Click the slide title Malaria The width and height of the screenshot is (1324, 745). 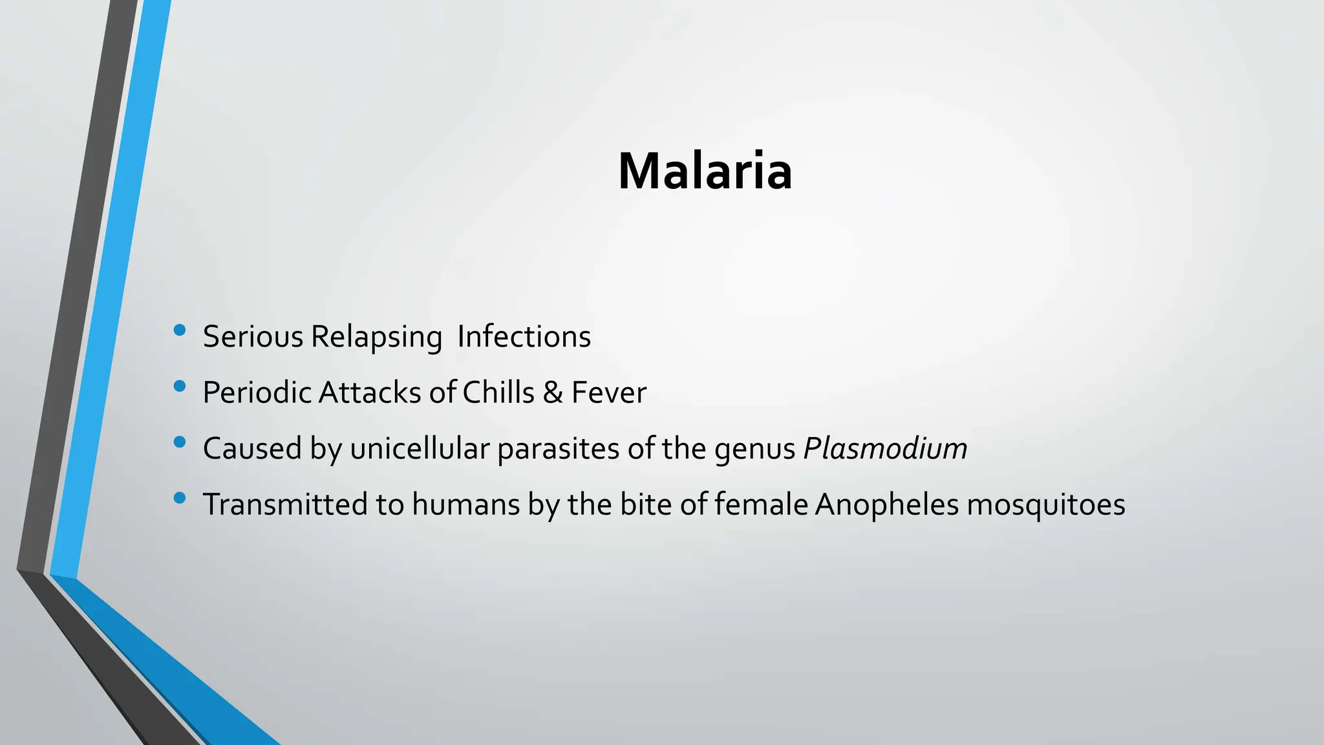[x=705, y=171]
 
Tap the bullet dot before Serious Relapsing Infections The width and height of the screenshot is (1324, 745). [x=180, y=330]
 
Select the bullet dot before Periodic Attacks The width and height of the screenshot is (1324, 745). [x=180, y=387]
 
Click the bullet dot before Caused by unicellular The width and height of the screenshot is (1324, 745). [x=180, y=442]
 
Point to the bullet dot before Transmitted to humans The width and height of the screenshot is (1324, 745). [x=180, y=498]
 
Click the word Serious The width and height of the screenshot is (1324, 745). [x=253, y=337]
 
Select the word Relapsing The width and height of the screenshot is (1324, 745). [x=376, y=337]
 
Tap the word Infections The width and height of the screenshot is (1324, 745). [x=524, y=337]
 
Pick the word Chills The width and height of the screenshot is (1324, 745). [x=498, y=393]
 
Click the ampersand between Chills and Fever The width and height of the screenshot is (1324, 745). [x=553, y=393]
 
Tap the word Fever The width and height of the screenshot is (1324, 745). [x=608, y=393]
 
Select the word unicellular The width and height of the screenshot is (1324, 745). [x=420, y=449]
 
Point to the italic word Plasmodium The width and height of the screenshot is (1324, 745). [x=885, y=449]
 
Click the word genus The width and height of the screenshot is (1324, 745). [x=754, y=449]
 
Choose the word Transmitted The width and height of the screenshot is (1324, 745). [x=285, y=504]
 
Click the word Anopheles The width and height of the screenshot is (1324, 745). [x=886, y=504]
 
